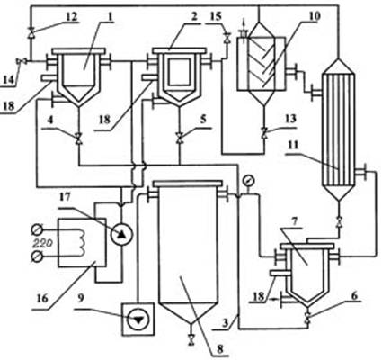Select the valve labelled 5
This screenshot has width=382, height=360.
tap(179, 139)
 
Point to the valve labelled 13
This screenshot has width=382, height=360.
tap(264, 133)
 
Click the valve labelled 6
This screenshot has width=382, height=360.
tap(306, 318)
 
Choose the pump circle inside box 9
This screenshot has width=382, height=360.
tap(138, 319)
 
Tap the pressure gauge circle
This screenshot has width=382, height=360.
tap(248, 181)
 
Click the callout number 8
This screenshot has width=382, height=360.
tap(220, 348)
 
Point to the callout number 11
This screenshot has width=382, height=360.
tap(294, 145)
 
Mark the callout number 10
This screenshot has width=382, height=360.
tap(314, 15)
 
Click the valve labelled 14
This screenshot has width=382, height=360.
tap(22, 61)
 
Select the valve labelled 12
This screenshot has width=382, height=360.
tap(31, 32)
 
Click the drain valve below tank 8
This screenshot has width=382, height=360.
tap(191, 340)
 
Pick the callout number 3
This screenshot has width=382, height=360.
tap(228, 323)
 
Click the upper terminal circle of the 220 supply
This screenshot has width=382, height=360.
tap(37, 230)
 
